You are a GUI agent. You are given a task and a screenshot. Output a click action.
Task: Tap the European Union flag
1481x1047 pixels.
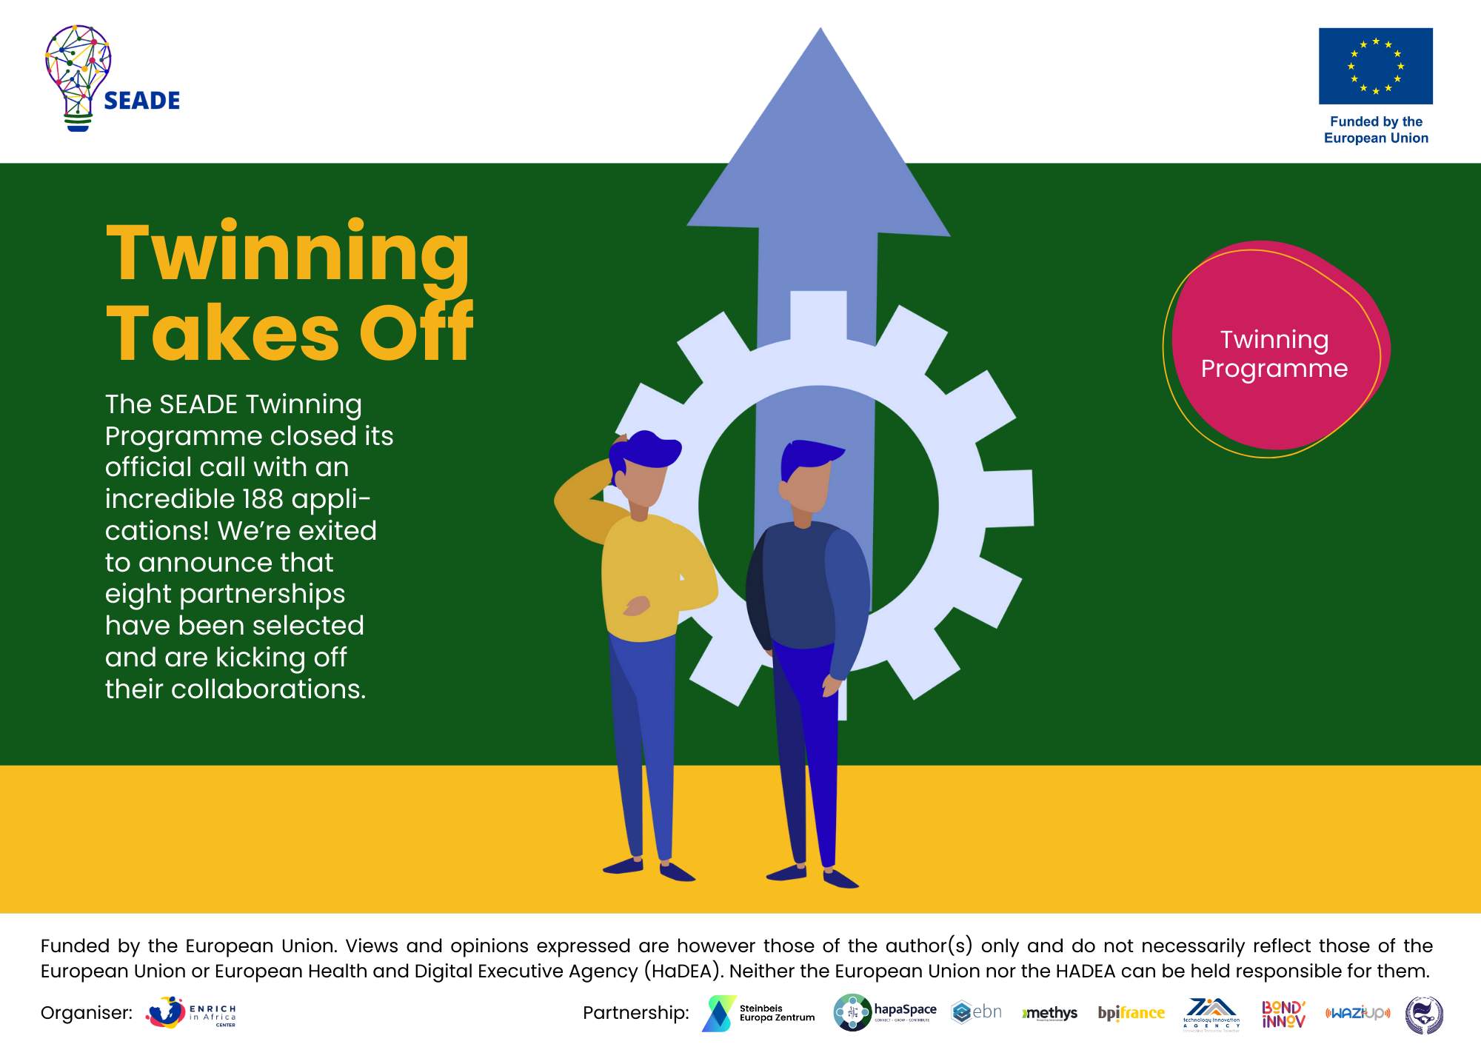coord(1375,66)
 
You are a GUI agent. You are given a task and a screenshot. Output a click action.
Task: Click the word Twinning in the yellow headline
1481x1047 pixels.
coord(288,253)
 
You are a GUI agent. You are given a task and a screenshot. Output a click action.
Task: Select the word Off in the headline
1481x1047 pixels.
coord(416,332)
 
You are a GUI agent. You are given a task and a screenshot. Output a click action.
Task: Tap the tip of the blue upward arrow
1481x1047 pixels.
coord(820,33)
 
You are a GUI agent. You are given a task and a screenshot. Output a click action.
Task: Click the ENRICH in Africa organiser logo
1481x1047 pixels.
coord(191,1013)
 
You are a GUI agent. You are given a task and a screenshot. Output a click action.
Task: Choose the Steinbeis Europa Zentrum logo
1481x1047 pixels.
coord(760,1013)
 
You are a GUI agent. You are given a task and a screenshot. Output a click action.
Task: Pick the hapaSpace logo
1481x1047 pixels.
coord(885,1012)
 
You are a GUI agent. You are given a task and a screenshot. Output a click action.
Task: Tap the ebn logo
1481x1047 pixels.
coord(977,1012)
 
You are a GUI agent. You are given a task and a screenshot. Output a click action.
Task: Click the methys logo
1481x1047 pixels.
coord(1050,1013)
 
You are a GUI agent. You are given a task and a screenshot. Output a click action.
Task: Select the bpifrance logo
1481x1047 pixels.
coord(1131,1013)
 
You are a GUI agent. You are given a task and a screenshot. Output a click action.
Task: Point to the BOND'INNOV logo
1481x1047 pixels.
coord(1283,1014)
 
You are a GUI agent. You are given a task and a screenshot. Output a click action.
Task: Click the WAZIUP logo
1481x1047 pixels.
coord(1357,1013)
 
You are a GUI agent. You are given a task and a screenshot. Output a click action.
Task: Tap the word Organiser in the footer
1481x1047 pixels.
coord(86,1013)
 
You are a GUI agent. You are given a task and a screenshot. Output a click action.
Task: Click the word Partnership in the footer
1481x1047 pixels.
coord(635,1013)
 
